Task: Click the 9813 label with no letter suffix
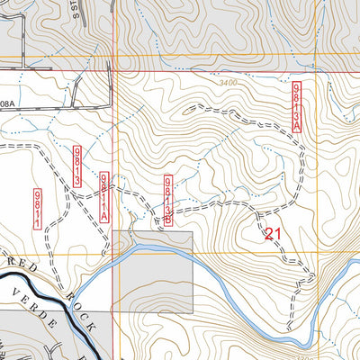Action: pos(79,166)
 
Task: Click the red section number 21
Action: pos(274,233)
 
